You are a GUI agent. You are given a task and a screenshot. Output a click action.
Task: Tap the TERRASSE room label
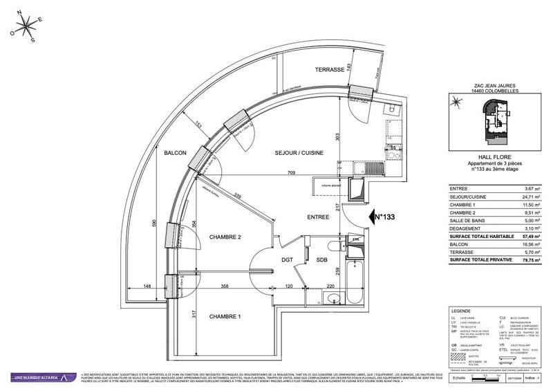point(330,71)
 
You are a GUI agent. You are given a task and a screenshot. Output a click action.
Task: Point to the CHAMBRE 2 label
point(225,237)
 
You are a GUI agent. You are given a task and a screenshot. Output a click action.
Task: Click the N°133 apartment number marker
point(383,217)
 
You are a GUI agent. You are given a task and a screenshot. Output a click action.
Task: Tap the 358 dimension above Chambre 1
point(224,285)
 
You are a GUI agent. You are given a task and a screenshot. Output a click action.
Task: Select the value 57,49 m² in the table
point(529,236)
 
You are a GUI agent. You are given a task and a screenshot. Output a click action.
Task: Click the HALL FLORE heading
point(489,156)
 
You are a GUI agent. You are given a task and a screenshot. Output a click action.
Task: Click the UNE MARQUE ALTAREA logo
point(41,377)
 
